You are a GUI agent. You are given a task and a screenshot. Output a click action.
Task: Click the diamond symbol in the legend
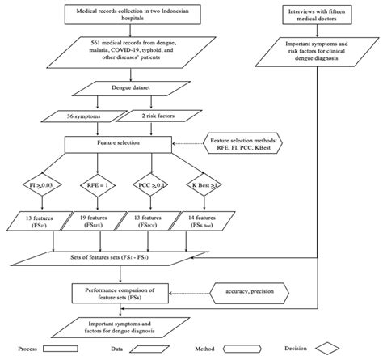tap(348, 351)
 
